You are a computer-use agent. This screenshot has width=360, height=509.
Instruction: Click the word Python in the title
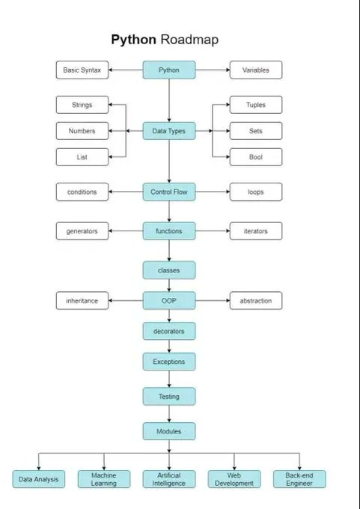(134, 40)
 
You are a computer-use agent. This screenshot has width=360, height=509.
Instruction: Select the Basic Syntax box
(82, 70)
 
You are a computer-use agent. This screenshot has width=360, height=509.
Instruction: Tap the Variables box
(256, 70)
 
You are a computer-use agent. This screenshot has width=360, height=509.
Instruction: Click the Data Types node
(169, 131)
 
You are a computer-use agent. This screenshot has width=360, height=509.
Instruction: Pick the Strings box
(82, 106)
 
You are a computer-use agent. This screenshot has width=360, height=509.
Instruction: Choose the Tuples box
(256, 106)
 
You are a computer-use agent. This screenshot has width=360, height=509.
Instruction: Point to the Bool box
(256, 157)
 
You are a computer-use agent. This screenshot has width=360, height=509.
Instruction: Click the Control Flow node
(169, 192)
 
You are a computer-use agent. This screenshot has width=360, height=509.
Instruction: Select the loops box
(256, 192)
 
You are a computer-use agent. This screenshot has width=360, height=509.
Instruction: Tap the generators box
(82, 231)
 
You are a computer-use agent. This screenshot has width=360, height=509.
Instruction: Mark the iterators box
(256, 231)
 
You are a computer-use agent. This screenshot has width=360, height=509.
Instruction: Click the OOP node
(169, 301)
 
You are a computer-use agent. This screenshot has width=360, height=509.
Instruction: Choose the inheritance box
(82, 301)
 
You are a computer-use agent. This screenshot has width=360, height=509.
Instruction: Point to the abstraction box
(256, 301)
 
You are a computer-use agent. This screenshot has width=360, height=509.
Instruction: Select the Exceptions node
(169, 362)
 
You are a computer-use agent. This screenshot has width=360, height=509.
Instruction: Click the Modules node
(169, 431)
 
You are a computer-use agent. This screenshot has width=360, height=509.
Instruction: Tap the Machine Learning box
(104, 479)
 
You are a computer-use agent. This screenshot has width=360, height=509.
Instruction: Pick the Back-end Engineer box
(299, 479)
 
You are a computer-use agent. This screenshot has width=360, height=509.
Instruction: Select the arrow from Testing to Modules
(169, 414)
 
